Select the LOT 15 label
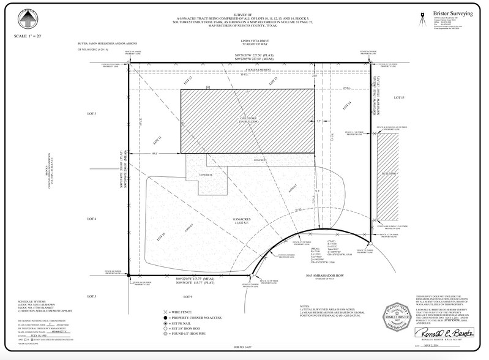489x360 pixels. tap(400, 98)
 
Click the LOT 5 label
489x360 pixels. tap(92, 114)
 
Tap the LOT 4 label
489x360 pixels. tap(92, 219)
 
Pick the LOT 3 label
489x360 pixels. tap(92, 297)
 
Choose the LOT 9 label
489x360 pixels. tap(188, 297)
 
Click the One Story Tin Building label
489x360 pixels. tap(246, 120)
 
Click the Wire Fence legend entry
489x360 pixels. tap(189, 312)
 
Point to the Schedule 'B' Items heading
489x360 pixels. tap(34, 302)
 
